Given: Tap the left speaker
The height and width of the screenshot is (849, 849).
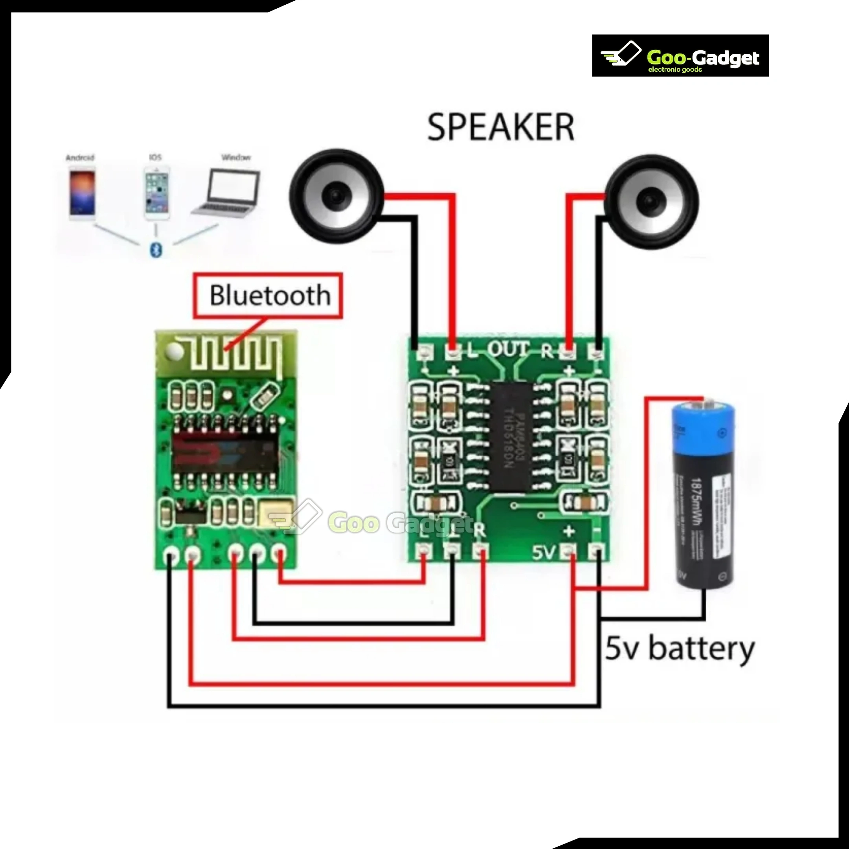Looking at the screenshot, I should coord(336,196).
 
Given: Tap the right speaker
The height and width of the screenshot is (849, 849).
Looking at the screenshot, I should coord(651,202).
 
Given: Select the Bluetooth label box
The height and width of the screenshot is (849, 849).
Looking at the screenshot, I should coord(268,295).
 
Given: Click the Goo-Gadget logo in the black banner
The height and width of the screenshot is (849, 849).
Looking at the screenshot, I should coord(680,56).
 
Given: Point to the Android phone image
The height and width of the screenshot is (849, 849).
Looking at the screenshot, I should coord(81,195).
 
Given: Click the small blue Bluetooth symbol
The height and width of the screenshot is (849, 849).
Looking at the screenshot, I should coord(156,250).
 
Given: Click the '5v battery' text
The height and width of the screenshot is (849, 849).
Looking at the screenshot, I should coord(679,649).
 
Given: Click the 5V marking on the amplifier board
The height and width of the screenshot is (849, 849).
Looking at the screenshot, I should coord(544,552).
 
